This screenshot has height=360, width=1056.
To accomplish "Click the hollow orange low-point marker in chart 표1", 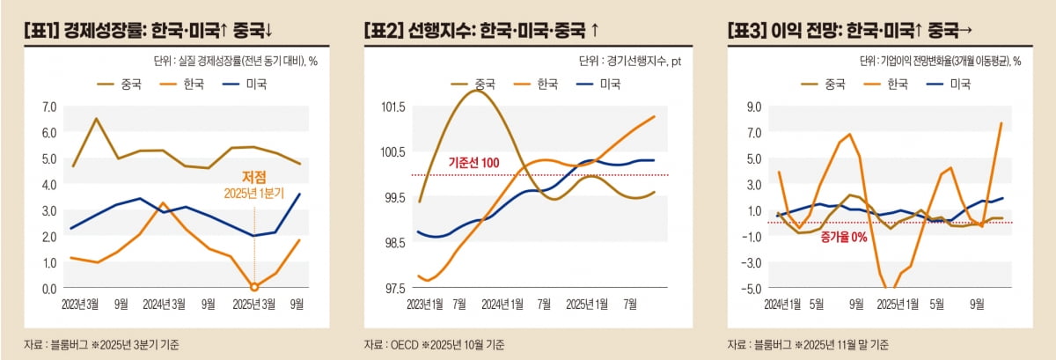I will point(254,287).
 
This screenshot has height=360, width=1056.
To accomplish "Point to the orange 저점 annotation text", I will point(254,176).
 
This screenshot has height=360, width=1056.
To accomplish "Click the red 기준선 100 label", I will point(473,163).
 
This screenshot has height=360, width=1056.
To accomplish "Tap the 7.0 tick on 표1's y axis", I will point(48,107).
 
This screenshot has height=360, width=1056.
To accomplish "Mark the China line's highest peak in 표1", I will point(95,118).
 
